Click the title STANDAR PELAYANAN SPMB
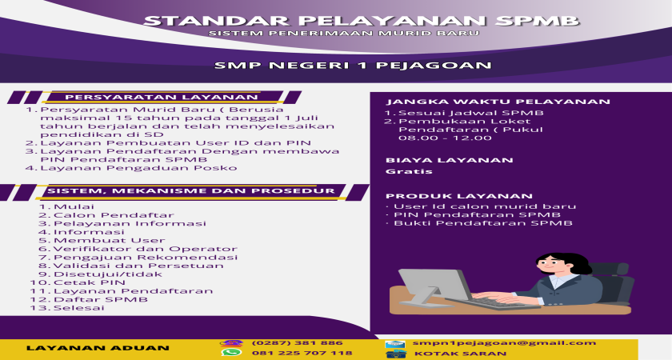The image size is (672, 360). (x=362, y=21)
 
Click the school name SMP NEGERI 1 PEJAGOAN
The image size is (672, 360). (x=353, y=66)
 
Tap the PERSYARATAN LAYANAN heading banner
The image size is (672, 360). (x=162, y=98)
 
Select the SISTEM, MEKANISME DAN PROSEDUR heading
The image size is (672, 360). (x=191, y=191)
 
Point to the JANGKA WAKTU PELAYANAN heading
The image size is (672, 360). (x=498, y=102)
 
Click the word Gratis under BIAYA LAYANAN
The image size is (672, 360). (x=403, y=171)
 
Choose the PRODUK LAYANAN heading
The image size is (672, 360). (x=459, y=196)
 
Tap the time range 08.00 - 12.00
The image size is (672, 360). (x=445, y=138)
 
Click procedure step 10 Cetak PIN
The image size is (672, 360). (x=78, y=282)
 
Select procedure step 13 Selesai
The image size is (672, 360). (x=67, y=308)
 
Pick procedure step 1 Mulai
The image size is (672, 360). (x=66, y=206)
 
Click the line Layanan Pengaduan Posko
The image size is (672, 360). (x=131, y=168)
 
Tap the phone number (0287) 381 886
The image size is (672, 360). (x=297, y=343)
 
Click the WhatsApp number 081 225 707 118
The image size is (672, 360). (x=302, y=353)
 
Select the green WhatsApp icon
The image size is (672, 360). (x=231, y=352)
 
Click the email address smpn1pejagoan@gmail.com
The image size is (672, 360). (x=504, y=343)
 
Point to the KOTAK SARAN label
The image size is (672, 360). (x=460, y=354)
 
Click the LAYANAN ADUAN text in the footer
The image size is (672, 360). (x=98, y=348)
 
